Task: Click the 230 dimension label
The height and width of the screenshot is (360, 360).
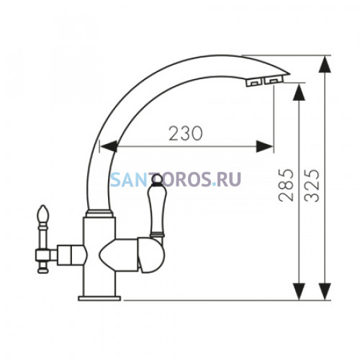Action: tap(186, 133)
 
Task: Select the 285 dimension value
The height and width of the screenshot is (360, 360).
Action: tap(286, 185)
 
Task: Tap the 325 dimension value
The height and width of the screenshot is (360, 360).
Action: tap(312, 185)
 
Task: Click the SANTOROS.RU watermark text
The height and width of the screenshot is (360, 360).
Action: tap(176, 179)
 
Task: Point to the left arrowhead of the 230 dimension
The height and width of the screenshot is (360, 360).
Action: tap(109, 146)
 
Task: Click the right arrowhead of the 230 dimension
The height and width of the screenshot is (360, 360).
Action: tap(264, 146)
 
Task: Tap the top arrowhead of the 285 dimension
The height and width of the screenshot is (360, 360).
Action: tap(299, 92)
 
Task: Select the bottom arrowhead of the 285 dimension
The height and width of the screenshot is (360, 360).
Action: tap(299, 292)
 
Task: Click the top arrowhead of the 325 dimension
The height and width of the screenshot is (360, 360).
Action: tap(325, 64)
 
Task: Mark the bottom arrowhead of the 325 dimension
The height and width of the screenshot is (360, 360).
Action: tap(325, 292)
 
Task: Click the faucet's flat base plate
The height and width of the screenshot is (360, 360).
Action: tap(99, 298)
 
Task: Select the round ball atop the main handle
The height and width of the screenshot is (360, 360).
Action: tap(158, 180)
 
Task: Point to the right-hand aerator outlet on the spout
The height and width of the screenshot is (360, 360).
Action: tap(274, 80)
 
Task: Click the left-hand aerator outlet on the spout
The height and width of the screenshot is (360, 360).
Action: tap(254, 82)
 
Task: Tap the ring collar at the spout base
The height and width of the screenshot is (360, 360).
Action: tap(99, 213)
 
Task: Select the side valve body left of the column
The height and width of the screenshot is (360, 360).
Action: tap(71, 255)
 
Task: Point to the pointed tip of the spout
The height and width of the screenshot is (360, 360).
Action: tap(290, 73)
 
